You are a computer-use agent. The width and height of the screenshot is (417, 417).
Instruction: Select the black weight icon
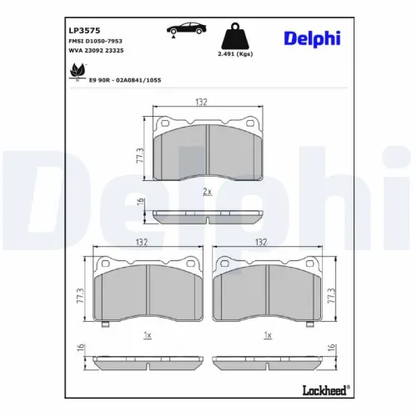(236, 38)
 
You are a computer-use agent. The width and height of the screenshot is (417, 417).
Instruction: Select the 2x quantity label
(206, 191)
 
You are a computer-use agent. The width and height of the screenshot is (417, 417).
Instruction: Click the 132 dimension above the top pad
(201, 102)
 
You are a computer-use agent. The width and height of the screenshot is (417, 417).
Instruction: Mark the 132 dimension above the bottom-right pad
(261, 242)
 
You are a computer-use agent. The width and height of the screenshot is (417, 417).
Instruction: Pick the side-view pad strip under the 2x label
(207, 216)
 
